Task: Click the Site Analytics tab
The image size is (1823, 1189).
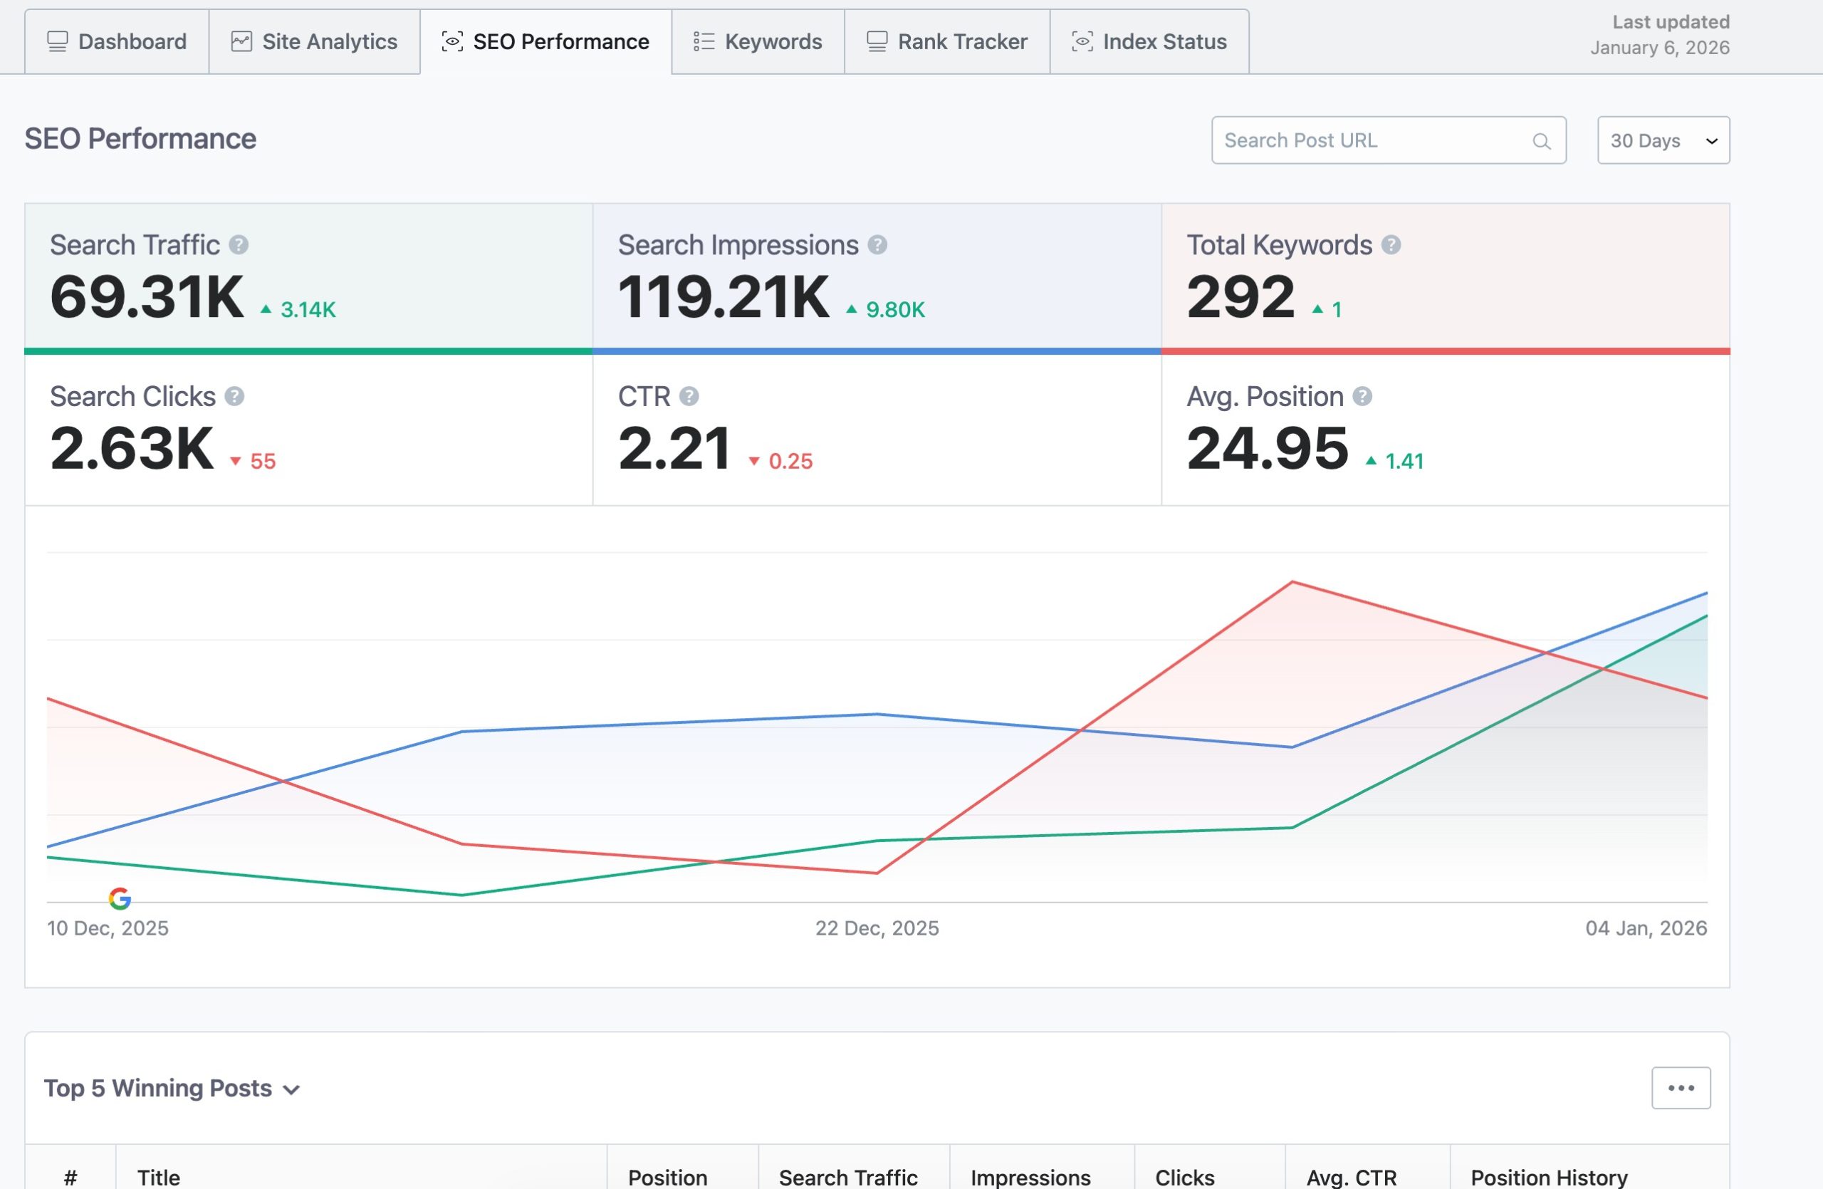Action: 314,41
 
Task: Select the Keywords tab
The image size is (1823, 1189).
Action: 758,41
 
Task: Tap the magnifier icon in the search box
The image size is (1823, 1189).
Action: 1541,141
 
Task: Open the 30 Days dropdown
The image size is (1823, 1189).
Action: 1663,140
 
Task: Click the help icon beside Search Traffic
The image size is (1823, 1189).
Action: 239,245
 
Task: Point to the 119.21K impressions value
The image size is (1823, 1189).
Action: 723,297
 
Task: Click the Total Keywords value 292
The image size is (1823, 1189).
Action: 1240,297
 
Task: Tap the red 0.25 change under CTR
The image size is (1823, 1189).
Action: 790,461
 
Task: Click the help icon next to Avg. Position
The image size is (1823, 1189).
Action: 1362,396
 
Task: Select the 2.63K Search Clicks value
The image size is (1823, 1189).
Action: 132,449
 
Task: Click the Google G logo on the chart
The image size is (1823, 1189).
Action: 120,898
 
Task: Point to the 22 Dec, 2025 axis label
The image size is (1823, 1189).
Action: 877,928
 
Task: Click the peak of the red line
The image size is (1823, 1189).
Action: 1292,582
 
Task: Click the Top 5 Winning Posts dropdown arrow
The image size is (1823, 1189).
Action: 291,1089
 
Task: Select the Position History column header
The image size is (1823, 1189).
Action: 1549,1177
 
